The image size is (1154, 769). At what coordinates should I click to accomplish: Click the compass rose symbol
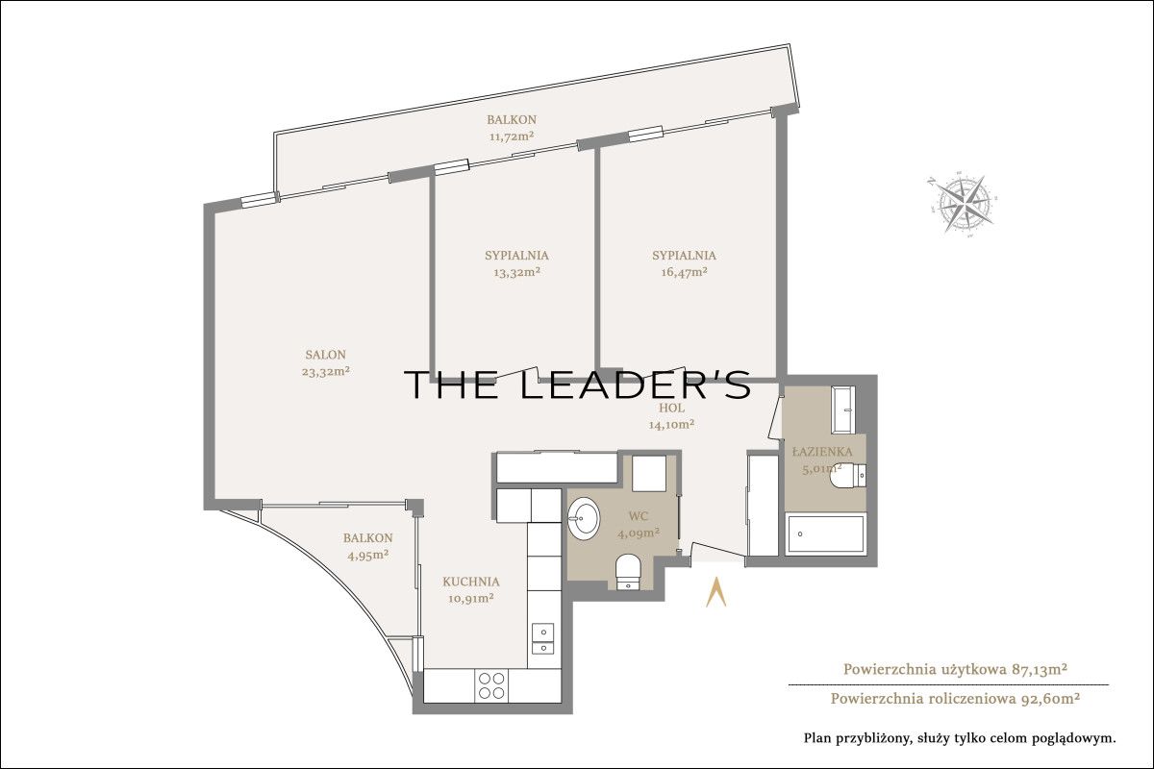pyautogui.click(x=962, y=204)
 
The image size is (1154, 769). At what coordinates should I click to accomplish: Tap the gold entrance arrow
pyautogui.click(x=715, y=593)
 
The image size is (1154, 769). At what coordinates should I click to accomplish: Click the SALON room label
pyautogui.click(x=326, y=355)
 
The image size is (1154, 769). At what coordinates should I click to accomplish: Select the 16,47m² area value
pyautogui.click(x=684, y=272)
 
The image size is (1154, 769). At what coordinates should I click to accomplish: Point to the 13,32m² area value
pyautogui.click(x=516, y=272)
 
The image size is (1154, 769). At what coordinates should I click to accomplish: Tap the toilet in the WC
pyautogui.click(x=628, y=571)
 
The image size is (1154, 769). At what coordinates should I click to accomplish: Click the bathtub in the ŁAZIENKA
pyautogui.click(x=825, y=534)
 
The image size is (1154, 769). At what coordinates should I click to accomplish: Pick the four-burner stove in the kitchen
pyautogui.click(x=491, y=685)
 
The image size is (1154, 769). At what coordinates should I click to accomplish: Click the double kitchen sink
pyautogui.click(x=542, y=638)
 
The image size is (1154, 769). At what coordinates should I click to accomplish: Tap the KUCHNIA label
pyautogui.click(x=471, y=582)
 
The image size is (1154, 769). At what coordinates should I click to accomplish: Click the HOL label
pyautogui.click(x=672, y=408)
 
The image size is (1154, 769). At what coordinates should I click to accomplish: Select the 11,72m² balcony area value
pyautogui.click(x=512, y=136)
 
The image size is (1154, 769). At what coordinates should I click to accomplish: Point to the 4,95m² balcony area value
pyautogui.click(x=367, y=555)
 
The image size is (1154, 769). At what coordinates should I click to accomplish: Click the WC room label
pyautogui.click(x=639, y=516)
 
